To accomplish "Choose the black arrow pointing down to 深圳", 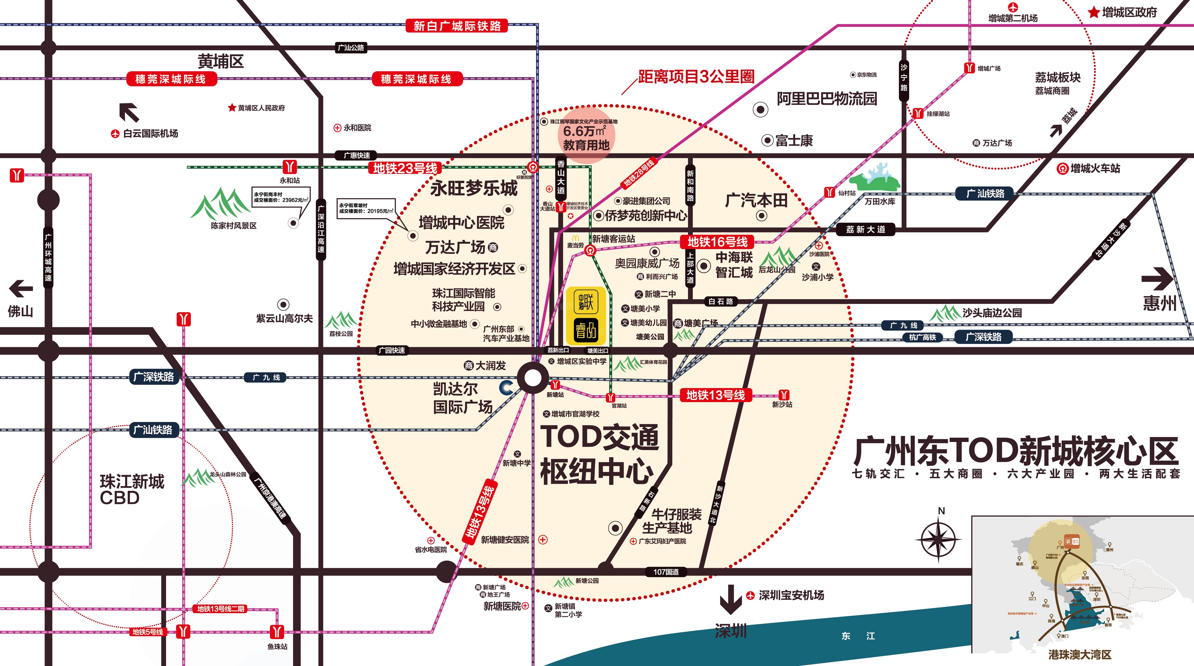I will (x=730, y=600).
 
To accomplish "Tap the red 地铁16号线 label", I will (x=717, y=242).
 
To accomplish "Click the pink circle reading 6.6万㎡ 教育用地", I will (x=586, y=135).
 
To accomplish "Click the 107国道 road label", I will (x=666, y=572).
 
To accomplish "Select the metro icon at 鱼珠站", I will (x=277, y=632).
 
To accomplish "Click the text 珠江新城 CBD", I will (x=132, y=489).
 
